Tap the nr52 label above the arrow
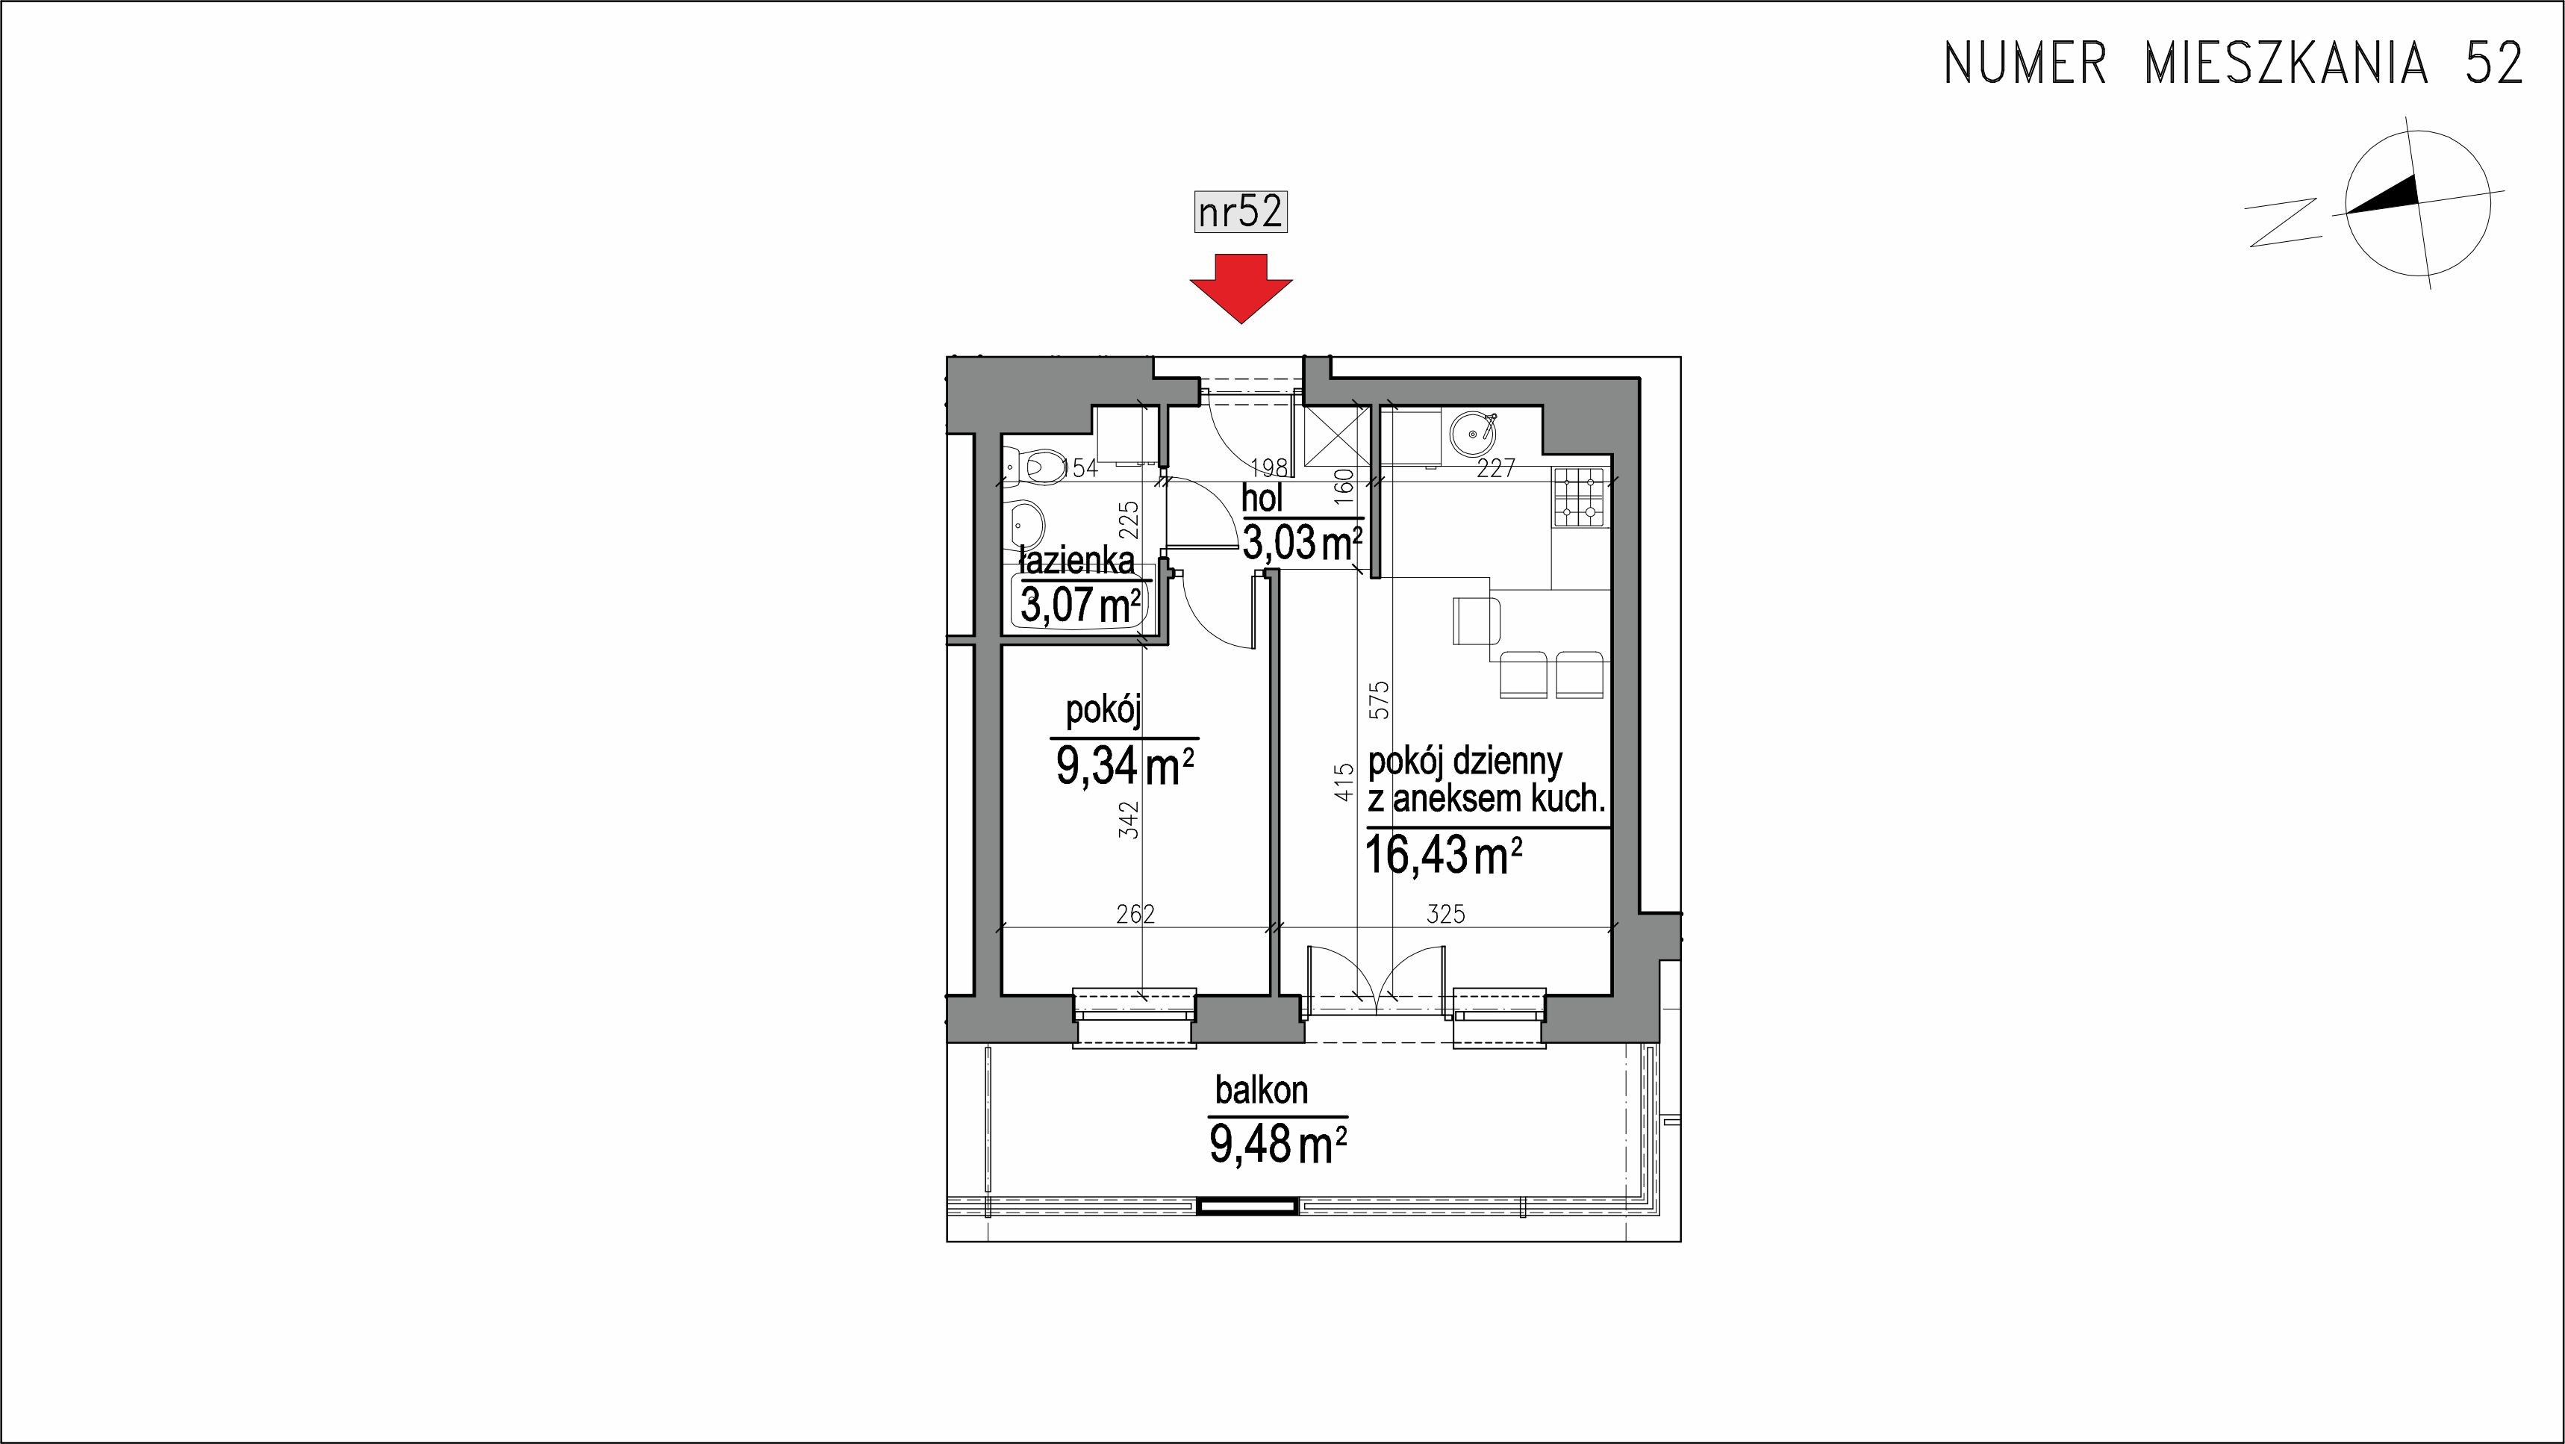click(1241, 212)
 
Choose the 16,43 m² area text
click(1444, 854)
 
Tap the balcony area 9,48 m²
click(1279, 1145)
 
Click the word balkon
click(1262, 1091)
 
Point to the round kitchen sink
click(1471, 433)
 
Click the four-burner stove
click(1580, 498)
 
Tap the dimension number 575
click(1378, 700)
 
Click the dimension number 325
click(1446, 914)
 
